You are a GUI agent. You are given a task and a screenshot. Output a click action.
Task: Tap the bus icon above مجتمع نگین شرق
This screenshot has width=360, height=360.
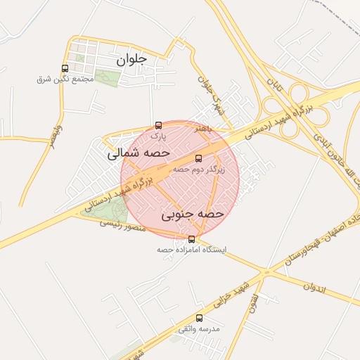point(65,69)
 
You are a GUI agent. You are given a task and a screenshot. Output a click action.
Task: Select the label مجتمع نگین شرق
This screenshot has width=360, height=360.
point(65,79)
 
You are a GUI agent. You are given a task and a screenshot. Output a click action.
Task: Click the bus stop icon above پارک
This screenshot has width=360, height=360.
point(158,126)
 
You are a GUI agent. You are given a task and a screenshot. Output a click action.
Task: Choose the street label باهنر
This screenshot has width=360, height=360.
point(203,129)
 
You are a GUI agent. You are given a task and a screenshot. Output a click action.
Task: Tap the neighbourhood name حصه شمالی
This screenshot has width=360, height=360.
point(139,152)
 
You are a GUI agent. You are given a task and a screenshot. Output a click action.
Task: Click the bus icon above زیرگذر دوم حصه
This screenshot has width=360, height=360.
point(198,158)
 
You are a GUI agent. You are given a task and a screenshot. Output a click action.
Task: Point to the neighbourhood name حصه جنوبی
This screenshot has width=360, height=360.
point(193,212)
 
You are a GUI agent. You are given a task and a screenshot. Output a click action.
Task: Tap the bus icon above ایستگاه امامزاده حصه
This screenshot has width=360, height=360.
point(193,239)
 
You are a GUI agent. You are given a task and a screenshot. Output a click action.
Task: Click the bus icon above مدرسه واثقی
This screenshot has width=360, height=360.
point(199,318)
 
